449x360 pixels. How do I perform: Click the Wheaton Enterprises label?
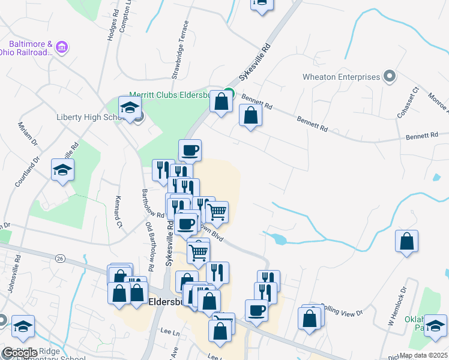[x=341, y=77]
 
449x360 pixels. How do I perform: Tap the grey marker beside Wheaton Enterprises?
[x=389, y=77]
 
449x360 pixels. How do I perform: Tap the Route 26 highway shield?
[x=59, y=258]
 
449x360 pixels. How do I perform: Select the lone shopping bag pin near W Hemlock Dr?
[x=407, y=242]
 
